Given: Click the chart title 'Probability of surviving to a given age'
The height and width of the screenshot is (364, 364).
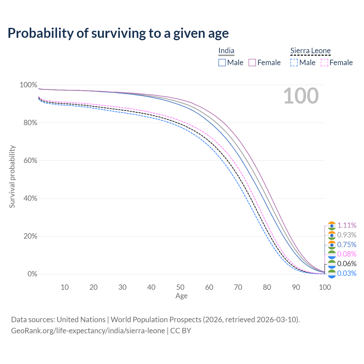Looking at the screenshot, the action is point(118,33).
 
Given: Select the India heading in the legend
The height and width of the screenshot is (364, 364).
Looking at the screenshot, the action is point(226,51).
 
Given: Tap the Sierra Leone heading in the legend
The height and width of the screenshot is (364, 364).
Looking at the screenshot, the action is point(310,51).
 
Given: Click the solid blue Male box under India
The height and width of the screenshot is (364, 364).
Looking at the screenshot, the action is point(222,63).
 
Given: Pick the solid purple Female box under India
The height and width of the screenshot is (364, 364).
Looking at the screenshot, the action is point(252,63).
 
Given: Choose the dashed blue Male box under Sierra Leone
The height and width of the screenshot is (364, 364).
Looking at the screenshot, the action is point(294,63).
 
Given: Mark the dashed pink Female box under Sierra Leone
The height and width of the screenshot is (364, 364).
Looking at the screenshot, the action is point(324,63).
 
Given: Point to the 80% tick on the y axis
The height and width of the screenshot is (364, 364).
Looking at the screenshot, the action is point(30,123).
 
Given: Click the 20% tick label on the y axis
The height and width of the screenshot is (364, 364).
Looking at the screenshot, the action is point(30,236).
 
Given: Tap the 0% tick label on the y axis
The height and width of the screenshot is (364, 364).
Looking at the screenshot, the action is point(32,274).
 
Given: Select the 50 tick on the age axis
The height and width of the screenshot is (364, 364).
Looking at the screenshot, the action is point(180,287).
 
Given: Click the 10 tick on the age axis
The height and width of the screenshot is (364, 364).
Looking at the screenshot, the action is point(65,287).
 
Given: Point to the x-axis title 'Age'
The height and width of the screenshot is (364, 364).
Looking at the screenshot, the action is point(181,296).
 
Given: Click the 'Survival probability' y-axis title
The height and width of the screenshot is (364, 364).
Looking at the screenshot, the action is point(12,177).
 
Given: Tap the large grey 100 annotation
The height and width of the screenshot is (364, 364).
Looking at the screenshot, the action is point(301,96).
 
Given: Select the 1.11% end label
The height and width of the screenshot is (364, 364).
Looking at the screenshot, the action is point(347,225).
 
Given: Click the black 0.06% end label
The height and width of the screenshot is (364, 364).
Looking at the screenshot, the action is point(347,264).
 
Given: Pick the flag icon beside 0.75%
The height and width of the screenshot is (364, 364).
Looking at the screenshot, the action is point(332,245).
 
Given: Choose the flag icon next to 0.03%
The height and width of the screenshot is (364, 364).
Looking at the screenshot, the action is point(332,274).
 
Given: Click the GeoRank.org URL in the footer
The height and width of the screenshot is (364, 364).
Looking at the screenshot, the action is point(88,331).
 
